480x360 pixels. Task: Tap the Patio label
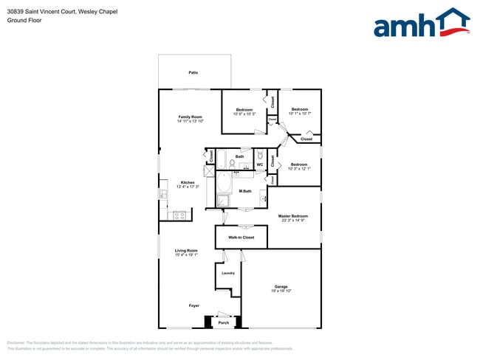click(193, 72)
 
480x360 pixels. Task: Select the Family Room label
click(190, 117)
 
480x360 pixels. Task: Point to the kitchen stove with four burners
click(177, 215)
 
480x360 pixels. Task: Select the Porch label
click(223, 322)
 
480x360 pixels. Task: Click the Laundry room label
click(228, 273)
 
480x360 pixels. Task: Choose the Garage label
click(281, 286)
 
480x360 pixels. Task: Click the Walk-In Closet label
click(241, 238)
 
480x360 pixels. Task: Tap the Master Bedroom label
click(293, 216)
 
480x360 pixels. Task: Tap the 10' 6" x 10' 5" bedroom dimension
click(244, 114)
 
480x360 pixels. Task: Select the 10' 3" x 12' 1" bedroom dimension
click(298, 169)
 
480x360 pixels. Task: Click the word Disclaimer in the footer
click(16, 343)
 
